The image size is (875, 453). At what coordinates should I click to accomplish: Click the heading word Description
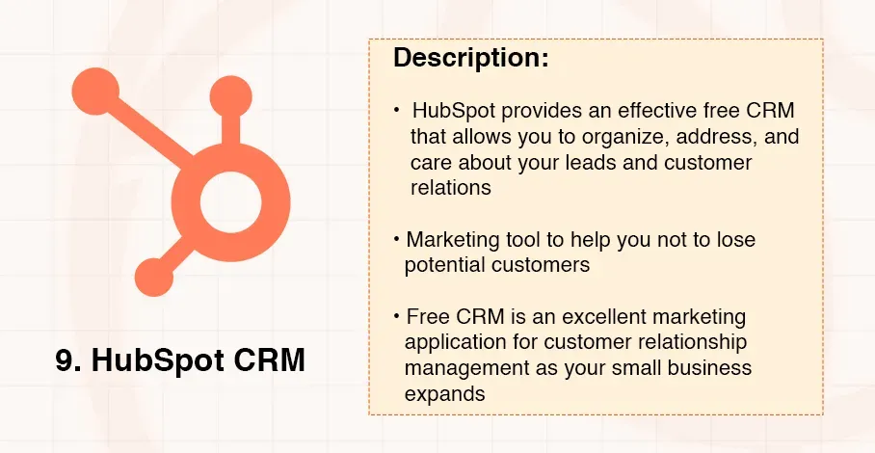(x=470, y=58)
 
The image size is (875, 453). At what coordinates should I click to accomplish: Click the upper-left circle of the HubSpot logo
(x=95, y=92)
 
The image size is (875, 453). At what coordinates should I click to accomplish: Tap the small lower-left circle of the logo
(x=153, y=278)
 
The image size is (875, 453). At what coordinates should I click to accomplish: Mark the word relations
(x=450, y=187)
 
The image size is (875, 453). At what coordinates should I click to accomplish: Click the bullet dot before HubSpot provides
(x=397, y=111)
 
